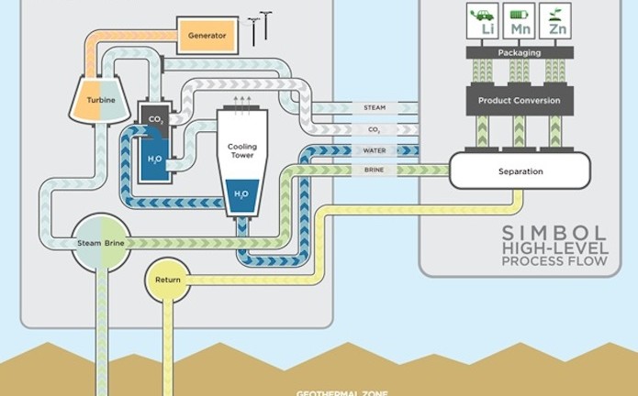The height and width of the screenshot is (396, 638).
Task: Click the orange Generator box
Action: coord(207,36)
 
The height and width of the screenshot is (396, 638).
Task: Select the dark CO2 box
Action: coord(152,117)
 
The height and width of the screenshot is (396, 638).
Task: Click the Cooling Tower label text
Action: coord(242,152)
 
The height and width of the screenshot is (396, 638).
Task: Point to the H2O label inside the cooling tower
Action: coord(241,194)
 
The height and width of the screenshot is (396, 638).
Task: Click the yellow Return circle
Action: coord(168,280)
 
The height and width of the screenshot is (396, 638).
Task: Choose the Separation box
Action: coord(520,171)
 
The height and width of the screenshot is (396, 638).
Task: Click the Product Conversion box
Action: coord(520,100)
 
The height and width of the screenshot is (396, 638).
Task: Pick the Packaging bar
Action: coord(520,53)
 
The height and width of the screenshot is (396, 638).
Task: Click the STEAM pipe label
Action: coord(375,107)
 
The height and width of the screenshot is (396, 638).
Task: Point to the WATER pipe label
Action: coord(375,150)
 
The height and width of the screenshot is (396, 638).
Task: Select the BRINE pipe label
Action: coord(375,171)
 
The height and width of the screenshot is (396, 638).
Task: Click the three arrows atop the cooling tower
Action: coord(242,100)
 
